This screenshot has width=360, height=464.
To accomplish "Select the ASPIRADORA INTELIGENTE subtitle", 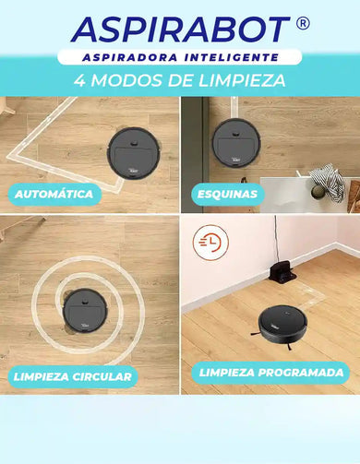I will tap(179, 57).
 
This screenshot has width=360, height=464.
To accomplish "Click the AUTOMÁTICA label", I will tap(54, 195).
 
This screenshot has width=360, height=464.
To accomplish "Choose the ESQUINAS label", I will tap(227, 195).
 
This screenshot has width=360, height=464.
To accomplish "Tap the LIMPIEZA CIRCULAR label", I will tap(72, 376).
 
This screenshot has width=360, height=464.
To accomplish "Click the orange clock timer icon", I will tap(208, 243).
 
